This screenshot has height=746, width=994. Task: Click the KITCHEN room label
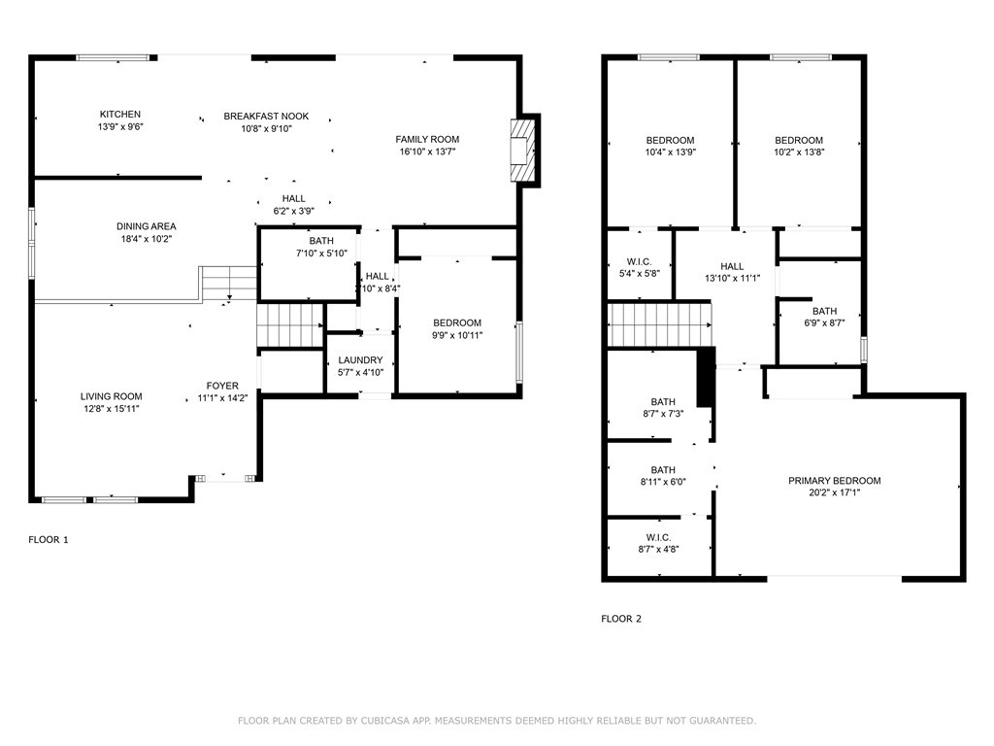pyautogui.click(x=120, y=115)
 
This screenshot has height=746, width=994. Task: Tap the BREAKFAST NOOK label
pyautogui.click(x=266, y=117)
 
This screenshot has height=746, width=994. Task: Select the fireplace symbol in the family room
pyautogui.click(x=523, y=150)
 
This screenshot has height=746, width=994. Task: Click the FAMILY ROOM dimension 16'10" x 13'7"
pyautogui.click(x=427, y=152)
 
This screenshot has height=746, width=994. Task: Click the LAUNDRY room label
pyautogui.click(x=360, y=359)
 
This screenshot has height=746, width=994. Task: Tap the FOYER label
pyautogui.click(x=222, y=386)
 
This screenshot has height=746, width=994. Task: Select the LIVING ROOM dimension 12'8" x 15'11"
pyautogui.click(x=111, y=408)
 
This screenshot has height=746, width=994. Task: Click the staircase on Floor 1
pyautogui.click(x=289, y=323)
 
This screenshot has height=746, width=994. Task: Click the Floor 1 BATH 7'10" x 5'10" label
pyautogui.click(x=320, y=241)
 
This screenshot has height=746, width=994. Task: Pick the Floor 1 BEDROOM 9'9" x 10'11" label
pyautogui.click(x=456, y=323)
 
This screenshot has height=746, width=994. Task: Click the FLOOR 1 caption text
pyautogui.click(x=49, y=540)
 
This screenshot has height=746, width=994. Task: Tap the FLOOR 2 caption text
pyautogui.click(x=621, y=619)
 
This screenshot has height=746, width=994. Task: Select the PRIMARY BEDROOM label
pyautogui.click(x=834, y=481)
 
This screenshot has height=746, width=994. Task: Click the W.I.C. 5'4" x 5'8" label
pyautogui.click(x=640, y=262)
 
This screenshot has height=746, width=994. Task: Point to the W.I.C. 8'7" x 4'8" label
pyautogui.click(x=658, y=537)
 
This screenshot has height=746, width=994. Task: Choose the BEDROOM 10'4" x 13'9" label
pyautogui.click(x=670, y=140)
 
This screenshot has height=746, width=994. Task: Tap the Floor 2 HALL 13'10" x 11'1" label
pyautogui.click(x=732, y=267)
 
